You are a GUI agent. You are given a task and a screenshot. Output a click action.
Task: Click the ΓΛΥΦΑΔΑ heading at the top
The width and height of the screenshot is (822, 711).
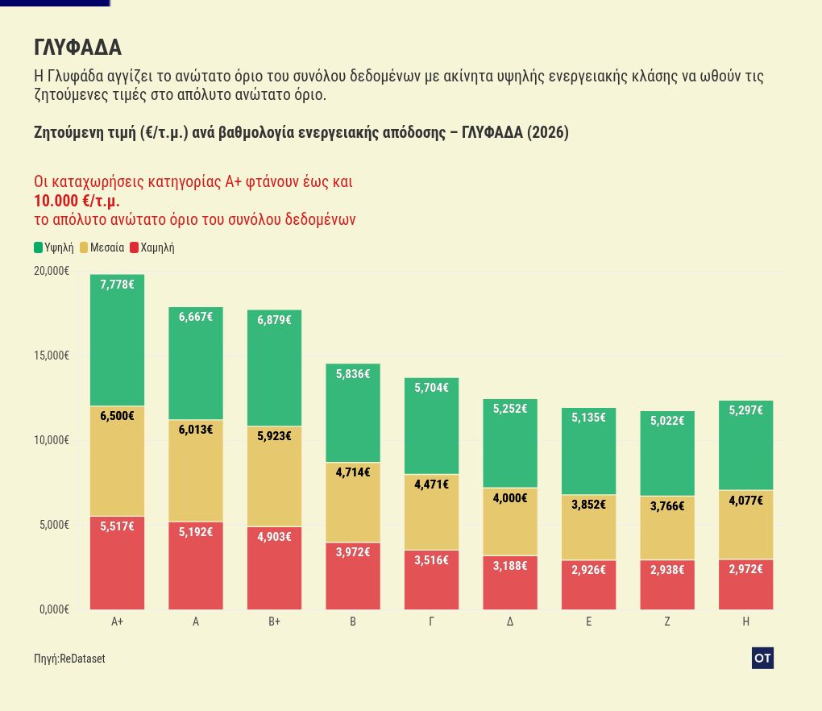pyautogui.click(x=77, y=48)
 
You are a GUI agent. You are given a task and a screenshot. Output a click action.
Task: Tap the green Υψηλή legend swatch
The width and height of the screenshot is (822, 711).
pyautogui.click(x=38, y=247)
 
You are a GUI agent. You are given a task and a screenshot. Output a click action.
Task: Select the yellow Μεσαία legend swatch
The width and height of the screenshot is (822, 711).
pyautogui.click(x=84, y=247)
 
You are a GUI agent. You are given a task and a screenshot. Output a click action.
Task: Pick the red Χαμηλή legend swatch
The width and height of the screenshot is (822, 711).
pyautogui.click(x=135, y=247)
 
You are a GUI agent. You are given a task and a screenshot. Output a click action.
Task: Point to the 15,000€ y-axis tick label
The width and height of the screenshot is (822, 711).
pyautogui.click(x=52, y=355)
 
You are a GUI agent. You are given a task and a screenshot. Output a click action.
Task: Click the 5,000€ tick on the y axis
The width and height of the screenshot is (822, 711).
pyautogui.click(x=54, y=525)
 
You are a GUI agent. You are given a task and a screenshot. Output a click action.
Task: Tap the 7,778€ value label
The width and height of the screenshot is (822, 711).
pyautogui.click(x=117, y=285)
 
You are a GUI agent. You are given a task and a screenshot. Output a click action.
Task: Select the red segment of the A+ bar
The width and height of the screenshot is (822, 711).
pyautogui.click(x=117, y=563)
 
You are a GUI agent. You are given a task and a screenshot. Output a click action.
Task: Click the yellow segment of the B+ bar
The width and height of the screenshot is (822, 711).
pyautogui.click(x=274, y=476)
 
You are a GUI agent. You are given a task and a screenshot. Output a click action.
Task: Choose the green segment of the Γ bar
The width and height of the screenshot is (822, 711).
pyautogui.click(x=431, y=426)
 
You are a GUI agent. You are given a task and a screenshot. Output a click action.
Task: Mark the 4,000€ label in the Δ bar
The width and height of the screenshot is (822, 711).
pyautogui.click(x=510, y=497)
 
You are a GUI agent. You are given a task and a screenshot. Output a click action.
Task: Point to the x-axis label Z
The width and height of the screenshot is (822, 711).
pyautogui.click(x=667, y=622)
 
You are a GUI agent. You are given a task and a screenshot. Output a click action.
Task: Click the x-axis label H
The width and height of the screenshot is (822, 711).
pyautogui.click(x=746, y=622)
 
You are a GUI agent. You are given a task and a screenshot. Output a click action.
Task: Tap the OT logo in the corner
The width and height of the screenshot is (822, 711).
pyautogui.click(x=762, y=658)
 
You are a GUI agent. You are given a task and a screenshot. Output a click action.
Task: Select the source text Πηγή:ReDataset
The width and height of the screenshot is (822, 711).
pyautogui.click(x=69, y=659)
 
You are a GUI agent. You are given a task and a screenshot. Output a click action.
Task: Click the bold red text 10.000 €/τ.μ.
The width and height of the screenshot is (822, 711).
pyautogui.click(x=77, y=201)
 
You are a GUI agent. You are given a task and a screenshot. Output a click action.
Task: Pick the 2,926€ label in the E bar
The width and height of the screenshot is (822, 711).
pyautogui.click(x=589, y=569)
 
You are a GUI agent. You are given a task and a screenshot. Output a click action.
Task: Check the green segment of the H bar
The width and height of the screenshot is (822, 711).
pyautogui.click(x=746, y=445)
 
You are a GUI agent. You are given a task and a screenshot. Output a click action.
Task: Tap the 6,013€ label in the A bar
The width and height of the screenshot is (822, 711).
pyautogui.click(x=196, y=430)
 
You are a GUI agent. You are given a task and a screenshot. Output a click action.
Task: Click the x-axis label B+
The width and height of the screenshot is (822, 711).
pyautogui.click(x=274, y=622)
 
